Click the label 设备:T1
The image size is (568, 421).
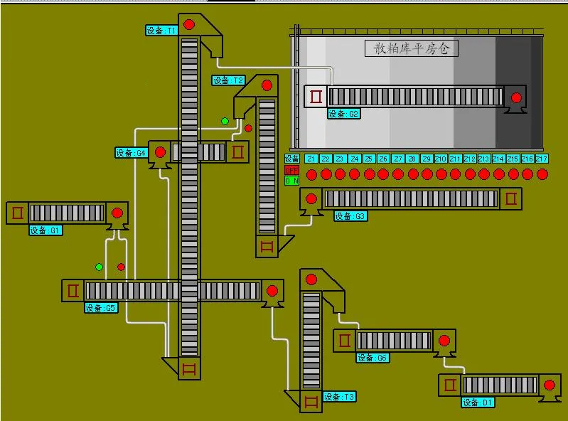click(x=161, y=31)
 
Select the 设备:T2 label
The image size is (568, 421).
click(x=229, y=80)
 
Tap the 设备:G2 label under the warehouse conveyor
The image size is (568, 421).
click(x=344, y=114)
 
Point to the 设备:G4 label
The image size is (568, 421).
click(x=132, y=152)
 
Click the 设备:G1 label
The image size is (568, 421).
click(x=45, y=230)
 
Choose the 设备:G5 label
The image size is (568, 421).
click(x=101, y=308)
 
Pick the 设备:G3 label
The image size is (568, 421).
click(x=350, y=216)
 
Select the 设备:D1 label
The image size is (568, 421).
click(x=478, y=403)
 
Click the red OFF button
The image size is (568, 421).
click(x=291, y=170)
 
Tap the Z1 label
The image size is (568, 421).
click(x=311, y=159)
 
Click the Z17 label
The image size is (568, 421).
click(x=542, y=159)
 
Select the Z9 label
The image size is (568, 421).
click(x=427, y=159)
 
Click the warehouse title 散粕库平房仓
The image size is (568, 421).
click(x=412, y=48)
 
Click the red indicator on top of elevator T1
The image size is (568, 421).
click(x=189, y=25)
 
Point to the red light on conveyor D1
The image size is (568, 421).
click(x=549, y=385)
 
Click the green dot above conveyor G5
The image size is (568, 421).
click(x=100, y=267)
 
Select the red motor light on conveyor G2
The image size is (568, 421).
click(x=516, y=97)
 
